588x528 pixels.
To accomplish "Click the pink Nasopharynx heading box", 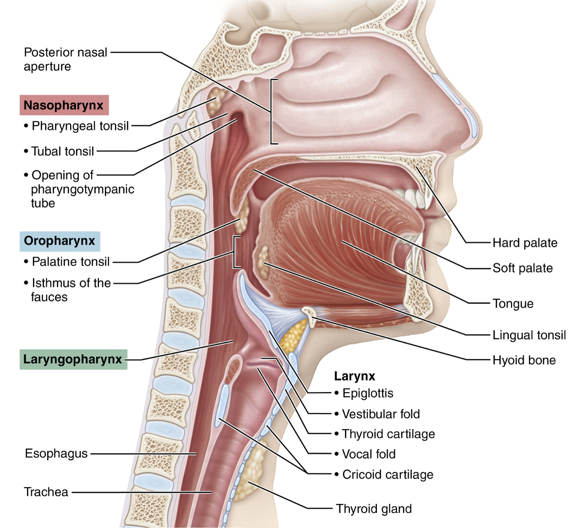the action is click(x=64, y=105).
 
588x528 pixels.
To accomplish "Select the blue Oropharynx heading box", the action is click(x=60, y=241).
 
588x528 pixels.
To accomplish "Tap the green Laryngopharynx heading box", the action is click(x=73, y=359).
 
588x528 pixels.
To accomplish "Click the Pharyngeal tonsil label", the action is click(x=80, y=126).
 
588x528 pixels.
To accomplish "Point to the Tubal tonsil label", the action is click(x=63, y=151).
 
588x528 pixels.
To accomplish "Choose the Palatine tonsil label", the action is click(x=71, y=262).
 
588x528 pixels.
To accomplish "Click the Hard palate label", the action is click(x=525, y=243).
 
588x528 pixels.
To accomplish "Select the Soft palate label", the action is click(x=523, y=268).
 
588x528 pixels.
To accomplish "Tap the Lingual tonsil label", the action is click(x=529, y=335).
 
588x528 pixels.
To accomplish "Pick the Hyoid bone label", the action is click(x=524, y=361).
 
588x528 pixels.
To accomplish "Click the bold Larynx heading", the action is click(x=354, y=376).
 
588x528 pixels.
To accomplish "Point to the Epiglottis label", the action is click(x=368, y=393).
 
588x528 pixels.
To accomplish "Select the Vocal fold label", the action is click(x=369, y=454).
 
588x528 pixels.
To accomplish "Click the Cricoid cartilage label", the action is click(x=387, y=474).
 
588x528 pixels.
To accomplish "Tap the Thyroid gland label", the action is click(x=374, y=509).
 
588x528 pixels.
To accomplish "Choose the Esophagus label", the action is click(x=56, y=453).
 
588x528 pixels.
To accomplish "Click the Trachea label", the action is click(x=46, y=492).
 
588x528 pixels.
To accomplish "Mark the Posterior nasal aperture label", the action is click(x=65, y=59).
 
